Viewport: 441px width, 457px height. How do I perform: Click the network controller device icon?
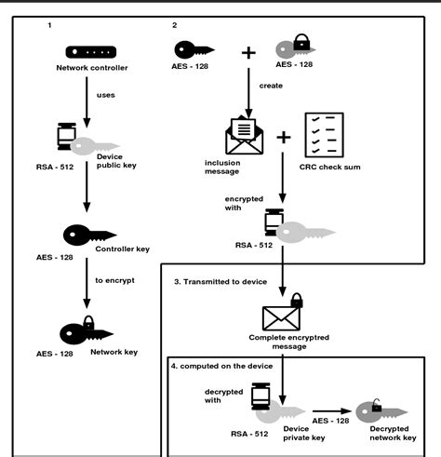pos(91,52)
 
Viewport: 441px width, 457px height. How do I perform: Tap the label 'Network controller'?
pos(92,68)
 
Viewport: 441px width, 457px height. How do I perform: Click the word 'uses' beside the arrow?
pos(106,95)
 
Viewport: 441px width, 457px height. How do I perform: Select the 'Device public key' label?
pos(116,161)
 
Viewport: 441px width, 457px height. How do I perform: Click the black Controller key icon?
pos(89,235)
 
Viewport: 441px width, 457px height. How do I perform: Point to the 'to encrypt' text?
pos(114,280)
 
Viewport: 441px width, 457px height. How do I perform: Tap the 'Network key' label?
pos(114,352)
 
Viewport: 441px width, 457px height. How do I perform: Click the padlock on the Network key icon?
pos(88,322)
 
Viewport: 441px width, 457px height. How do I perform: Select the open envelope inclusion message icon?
pos(244,135)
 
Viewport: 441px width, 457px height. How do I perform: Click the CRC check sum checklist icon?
pos(324,135)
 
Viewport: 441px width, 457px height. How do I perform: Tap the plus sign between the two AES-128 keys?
pos(248,53)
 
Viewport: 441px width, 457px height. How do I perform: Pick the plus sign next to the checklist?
pos(284,137)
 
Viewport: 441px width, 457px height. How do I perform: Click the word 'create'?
pos(271,86)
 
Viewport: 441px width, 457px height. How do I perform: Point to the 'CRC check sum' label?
pos(329,167)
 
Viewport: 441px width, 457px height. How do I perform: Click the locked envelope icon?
pos(282,313)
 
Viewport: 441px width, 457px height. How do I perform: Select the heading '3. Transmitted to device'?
pos(220,282)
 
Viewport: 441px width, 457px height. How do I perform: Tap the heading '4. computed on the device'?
pos(221,366)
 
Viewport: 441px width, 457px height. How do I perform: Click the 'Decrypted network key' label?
pos(393,433)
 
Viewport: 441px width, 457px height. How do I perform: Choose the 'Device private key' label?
pos(304,433)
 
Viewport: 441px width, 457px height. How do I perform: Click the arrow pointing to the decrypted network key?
pos(332,411)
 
